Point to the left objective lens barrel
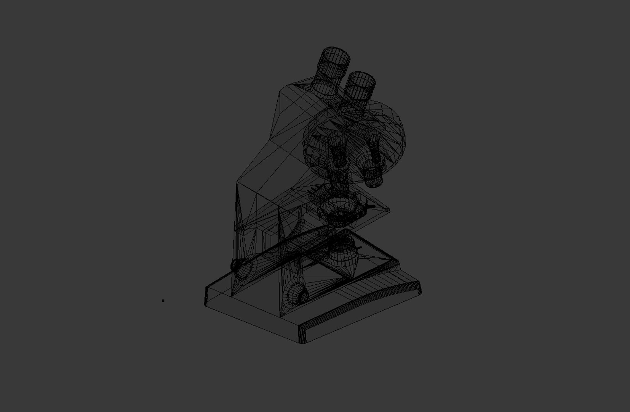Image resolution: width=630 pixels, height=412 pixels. [337, 153]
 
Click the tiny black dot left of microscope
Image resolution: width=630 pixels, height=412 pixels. [163, 301]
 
